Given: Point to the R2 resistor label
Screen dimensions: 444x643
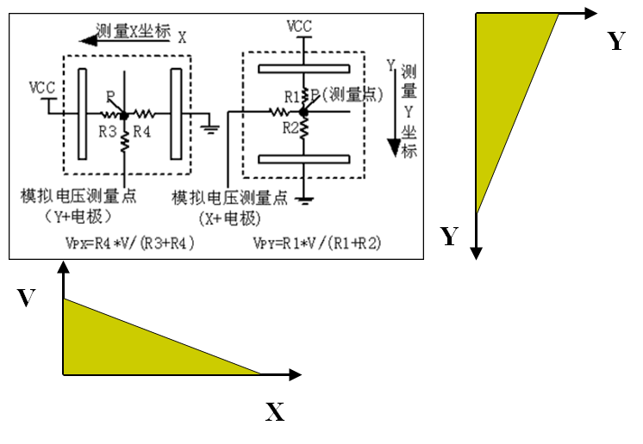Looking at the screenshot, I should point(291,129).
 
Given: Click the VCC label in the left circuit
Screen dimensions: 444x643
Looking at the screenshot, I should point(42,87).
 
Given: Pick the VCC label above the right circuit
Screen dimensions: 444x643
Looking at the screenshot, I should point(298,27).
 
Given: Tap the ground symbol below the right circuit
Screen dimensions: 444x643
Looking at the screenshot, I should point(305,201).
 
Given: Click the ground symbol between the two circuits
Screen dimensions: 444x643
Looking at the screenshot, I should point(209,130).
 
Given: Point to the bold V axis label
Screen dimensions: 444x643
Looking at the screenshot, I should point(27,299).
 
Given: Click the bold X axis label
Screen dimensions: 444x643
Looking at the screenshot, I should point(274,413).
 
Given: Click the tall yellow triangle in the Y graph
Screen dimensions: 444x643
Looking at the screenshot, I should point(504,86).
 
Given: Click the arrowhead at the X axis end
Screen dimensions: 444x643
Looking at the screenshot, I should point(295,374).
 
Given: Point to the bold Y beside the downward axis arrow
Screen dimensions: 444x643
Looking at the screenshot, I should point(449,237).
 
